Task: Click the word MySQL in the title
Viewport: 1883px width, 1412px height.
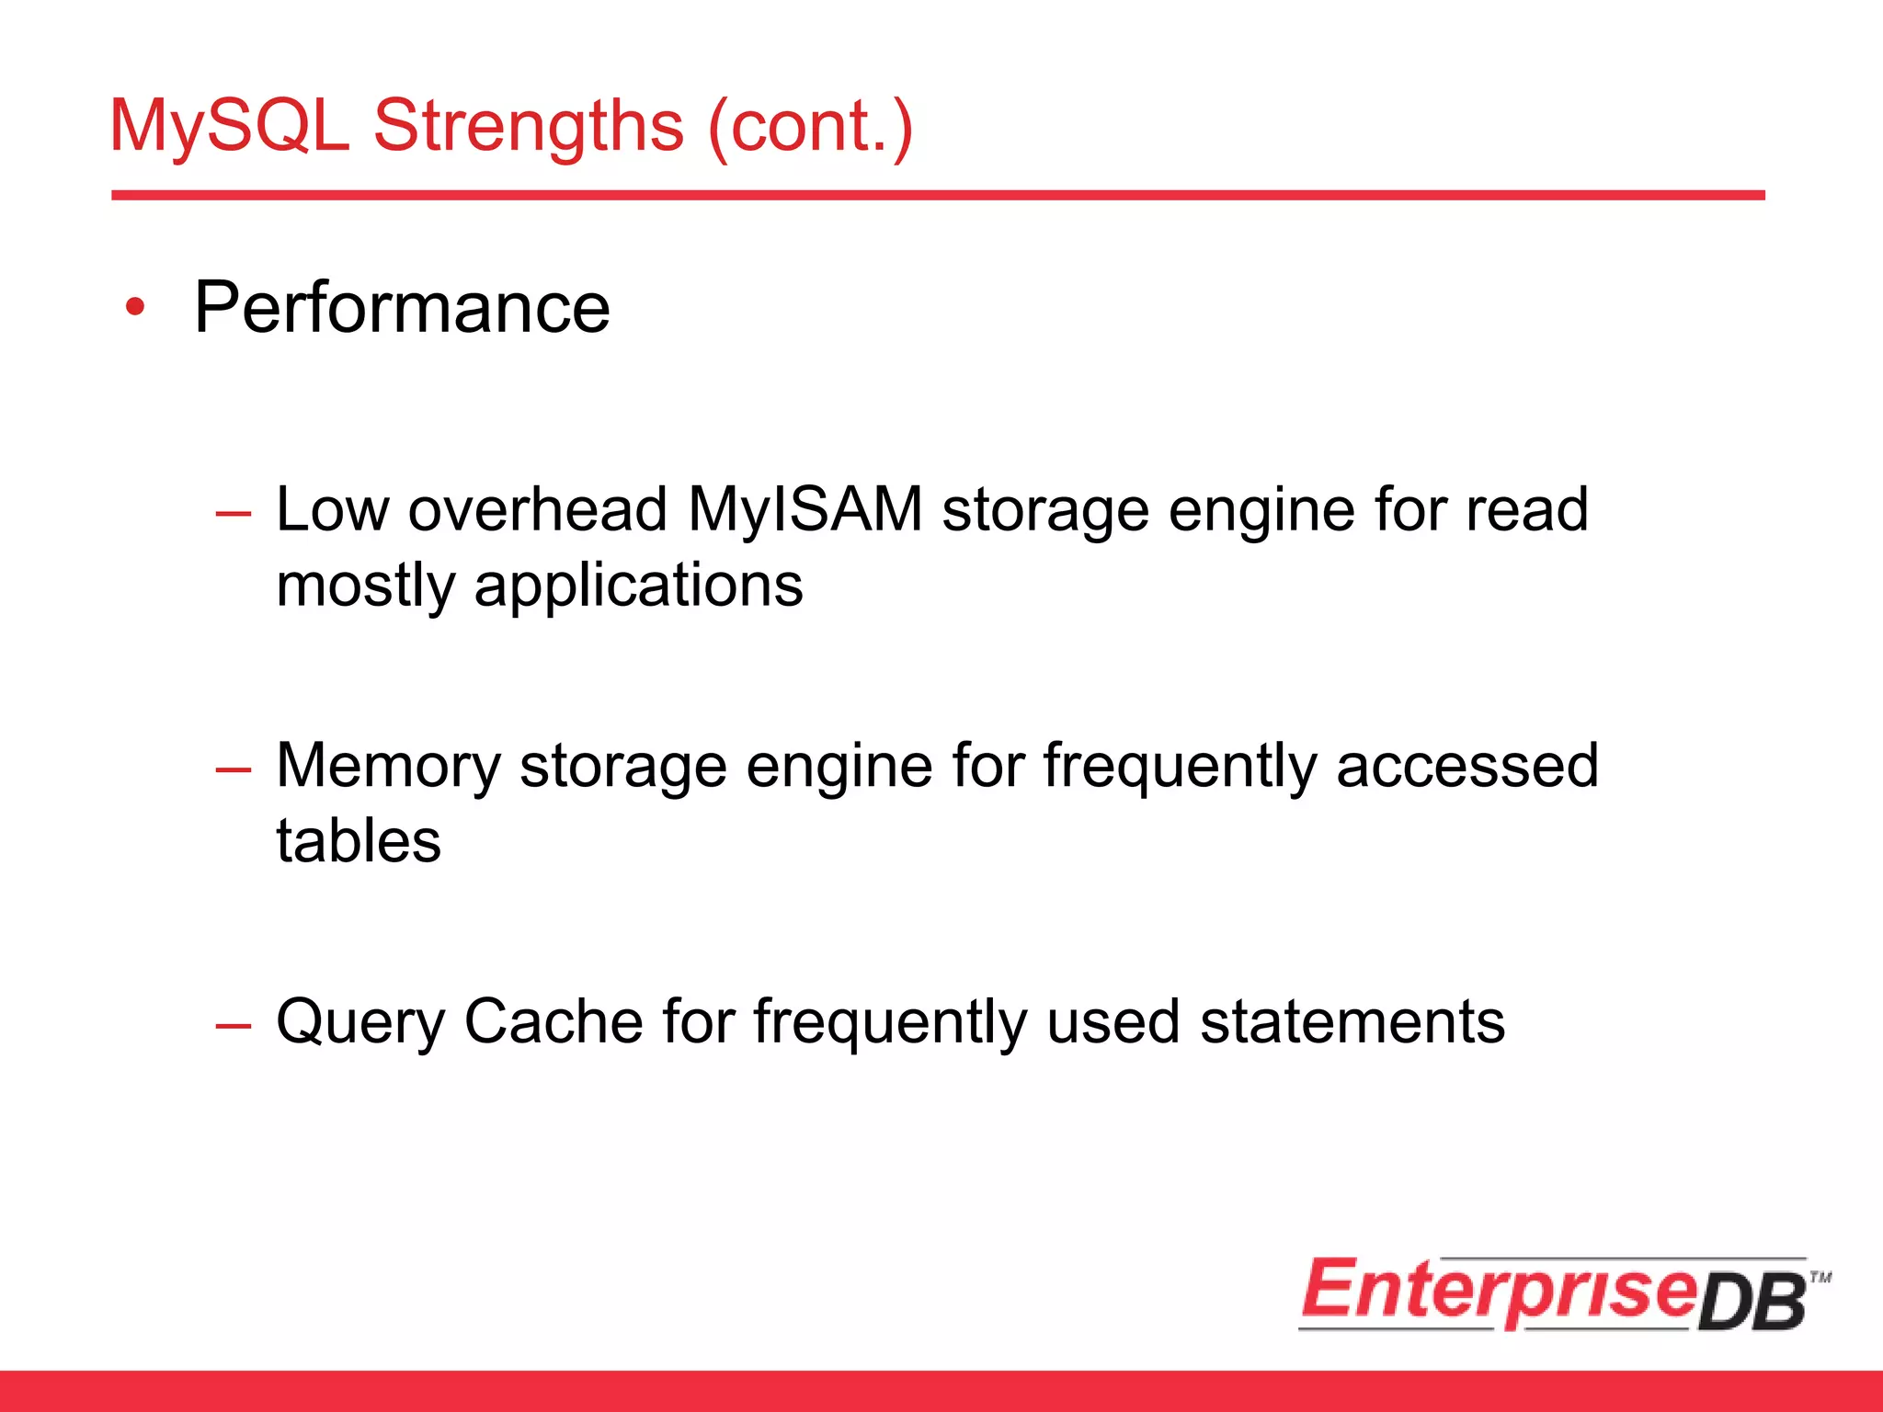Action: (x=229, y=126)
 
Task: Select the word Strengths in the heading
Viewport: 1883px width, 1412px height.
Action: (x=528, y=126)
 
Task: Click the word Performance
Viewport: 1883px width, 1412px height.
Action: (x=402, y=307)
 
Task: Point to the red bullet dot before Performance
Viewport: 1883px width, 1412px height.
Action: (x=136, y=307)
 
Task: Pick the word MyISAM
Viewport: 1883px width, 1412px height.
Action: (x=805, y=509)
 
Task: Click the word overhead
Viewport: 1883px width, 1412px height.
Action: (x=537, y=509)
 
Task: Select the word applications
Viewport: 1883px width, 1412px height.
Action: (x=638, y=586)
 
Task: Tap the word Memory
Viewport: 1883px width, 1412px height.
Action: (x=388, y=765)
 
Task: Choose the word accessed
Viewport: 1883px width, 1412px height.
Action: (x=1467, y=765)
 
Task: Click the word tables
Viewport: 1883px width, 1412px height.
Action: (x=359, y=840)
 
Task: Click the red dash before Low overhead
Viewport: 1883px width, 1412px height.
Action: (x=233, y=513)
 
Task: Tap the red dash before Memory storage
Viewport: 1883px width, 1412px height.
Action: (x=233, y=769)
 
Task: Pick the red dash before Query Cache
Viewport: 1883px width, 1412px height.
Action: (x=233, y=1024)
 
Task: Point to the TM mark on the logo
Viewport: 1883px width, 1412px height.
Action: (x=1820, y=1277)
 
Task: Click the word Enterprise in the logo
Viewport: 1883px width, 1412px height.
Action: (x=1499, y=1291)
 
